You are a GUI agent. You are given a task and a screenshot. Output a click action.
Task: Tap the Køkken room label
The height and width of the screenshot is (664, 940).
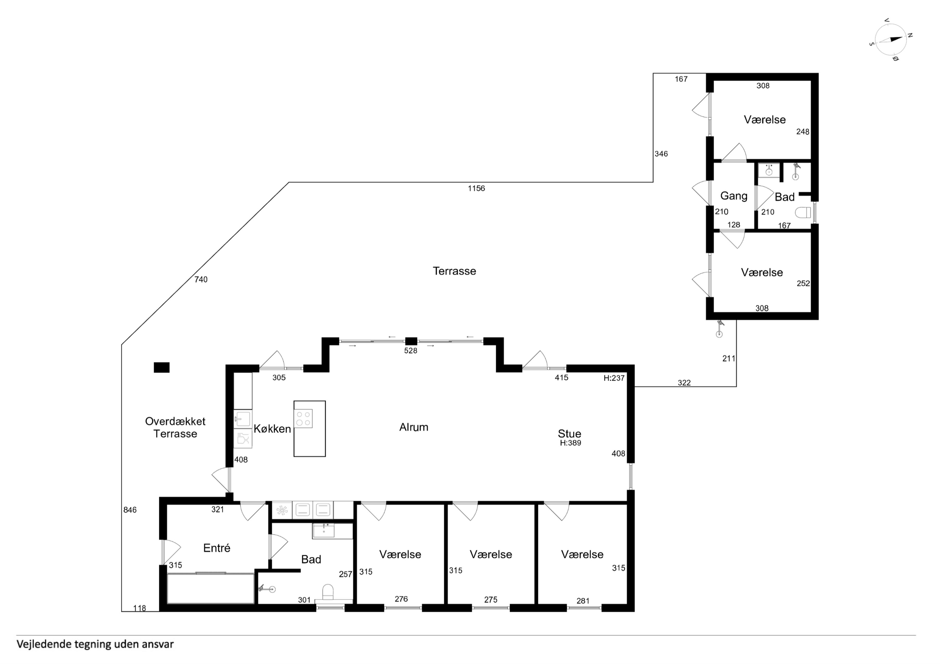point(272,429)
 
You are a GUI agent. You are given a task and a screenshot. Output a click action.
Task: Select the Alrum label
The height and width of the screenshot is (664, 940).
point(414,427)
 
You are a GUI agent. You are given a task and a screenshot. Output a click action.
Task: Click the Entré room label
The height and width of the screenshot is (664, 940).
point(217,548)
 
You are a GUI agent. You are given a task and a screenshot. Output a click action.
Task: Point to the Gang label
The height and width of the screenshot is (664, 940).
point(734,196)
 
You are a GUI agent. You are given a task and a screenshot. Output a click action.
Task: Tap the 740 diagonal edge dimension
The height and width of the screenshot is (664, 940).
point(201,279)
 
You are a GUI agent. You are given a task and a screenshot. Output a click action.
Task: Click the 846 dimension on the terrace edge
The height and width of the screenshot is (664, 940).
point(130,510)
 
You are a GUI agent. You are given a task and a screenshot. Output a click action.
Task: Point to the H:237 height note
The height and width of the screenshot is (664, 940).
point(614,378)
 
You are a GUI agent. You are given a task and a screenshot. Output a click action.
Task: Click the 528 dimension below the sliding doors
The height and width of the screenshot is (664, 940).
point(411,351)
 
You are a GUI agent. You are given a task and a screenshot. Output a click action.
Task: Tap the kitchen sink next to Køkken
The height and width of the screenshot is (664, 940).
point(243,419)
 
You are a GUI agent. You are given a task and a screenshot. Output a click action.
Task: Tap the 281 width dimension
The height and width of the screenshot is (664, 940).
point(583,601)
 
